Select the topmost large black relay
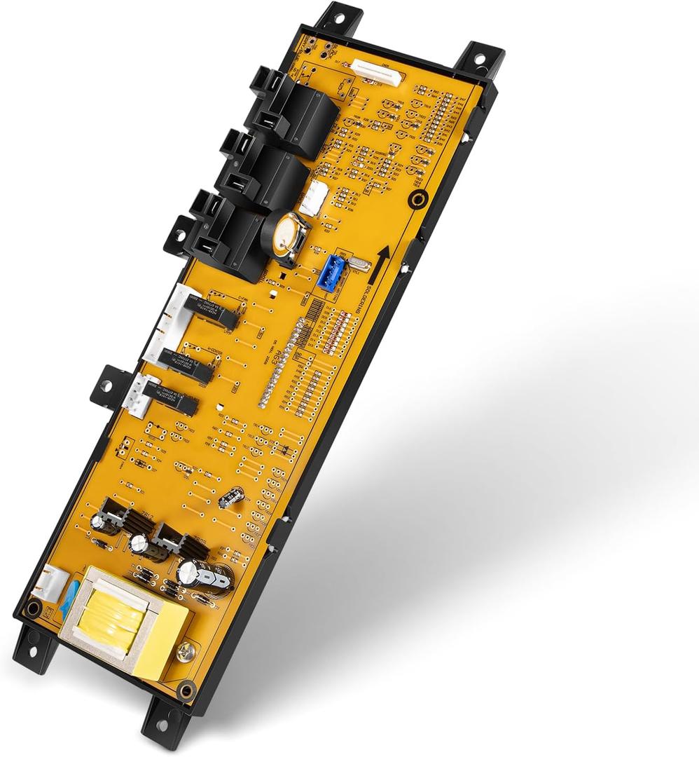(x=302, y=112)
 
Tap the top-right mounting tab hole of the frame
(x=480, y=57)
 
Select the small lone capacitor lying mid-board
(x=230, y=498)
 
